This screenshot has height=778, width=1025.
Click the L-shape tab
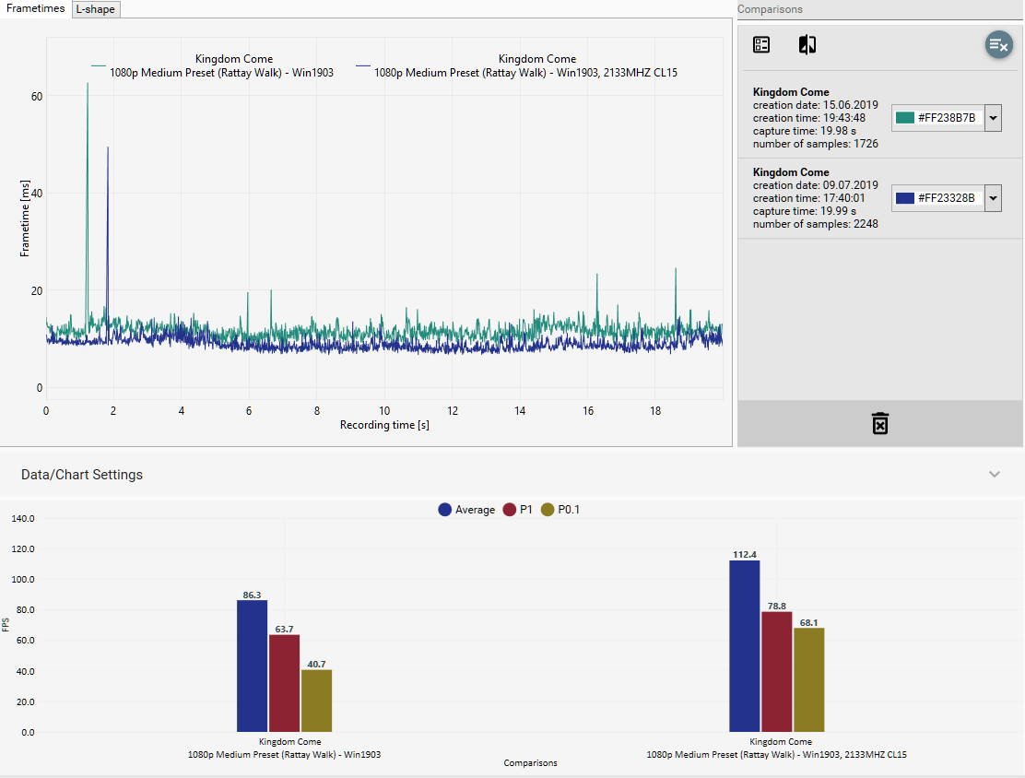97,9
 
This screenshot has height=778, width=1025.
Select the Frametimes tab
36,8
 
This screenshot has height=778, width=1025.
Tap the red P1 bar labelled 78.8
776,672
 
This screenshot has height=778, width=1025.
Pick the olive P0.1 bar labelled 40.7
316,701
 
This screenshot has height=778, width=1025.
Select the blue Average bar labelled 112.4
744,646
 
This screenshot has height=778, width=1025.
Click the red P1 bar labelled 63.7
284,683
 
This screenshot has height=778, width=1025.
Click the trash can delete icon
880,424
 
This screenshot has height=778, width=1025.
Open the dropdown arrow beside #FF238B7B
993,118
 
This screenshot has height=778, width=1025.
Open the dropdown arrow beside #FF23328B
993,198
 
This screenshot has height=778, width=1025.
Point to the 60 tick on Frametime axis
37,96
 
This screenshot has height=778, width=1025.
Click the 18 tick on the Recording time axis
655,410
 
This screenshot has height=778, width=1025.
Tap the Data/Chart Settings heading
82,475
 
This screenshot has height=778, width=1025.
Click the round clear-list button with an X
998,44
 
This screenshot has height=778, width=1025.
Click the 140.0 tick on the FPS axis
22,518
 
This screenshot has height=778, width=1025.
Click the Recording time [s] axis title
384,425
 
